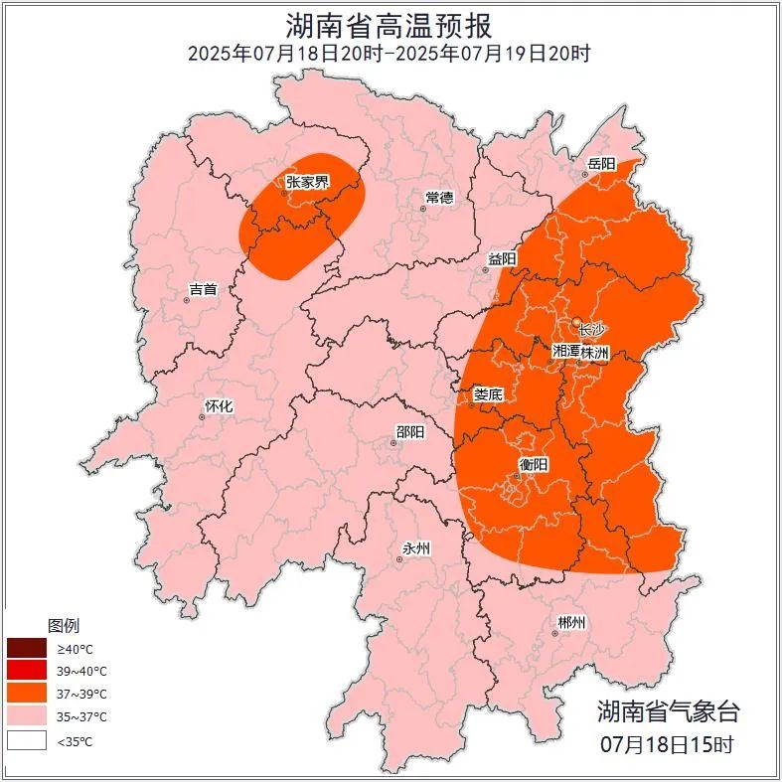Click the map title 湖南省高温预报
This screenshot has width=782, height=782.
coord(390,24)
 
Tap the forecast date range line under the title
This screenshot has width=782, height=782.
coord(390,53)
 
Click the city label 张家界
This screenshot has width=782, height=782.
coord(307,182)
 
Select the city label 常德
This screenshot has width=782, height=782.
coord(439,197)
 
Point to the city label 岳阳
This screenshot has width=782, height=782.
coord(601,163)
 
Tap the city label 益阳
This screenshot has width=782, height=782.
coord(502,259)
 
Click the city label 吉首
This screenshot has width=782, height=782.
coord(203,289)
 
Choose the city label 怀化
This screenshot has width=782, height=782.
coord(219,406)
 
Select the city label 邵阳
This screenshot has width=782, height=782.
coord(409,431)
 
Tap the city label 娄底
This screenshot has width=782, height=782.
coord(488,394)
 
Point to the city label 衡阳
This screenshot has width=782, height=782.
coord(533,465)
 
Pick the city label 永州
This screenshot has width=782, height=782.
coord(415,548)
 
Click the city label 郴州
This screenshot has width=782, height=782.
coord(570,623)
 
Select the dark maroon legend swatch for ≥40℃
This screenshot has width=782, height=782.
coord(26,649)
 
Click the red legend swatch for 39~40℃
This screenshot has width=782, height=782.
coord(26,671)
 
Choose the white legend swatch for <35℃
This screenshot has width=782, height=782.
coord(26,740)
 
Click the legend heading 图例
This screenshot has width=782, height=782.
coord(64,626)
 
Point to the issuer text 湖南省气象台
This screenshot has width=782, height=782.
coord(668,710)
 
